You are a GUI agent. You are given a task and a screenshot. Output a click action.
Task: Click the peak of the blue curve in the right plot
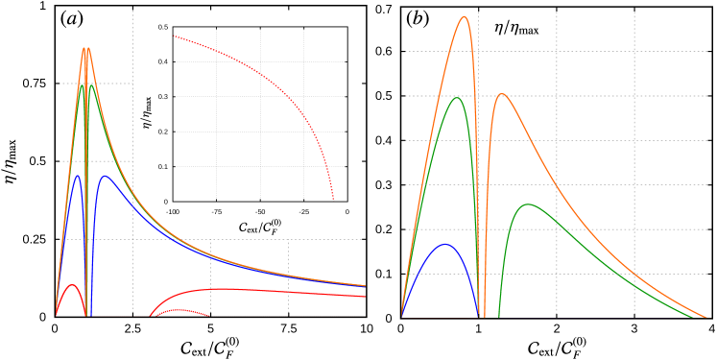point(444,244)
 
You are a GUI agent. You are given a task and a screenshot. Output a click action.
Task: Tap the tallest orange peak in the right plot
point(465,16)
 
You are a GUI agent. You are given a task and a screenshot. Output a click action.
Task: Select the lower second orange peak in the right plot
point(501,94)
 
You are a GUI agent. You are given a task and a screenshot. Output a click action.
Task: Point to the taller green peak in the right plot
point(457,97)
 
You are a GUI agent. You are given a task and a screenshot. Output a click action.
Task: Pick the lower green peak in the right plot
point(526,204)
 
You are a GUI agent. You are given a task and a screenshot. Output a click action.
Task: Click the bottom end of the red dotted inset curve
point(333,199)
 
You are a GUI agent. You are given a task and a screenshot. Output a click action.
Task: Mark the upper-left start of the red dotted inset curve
point(174,36)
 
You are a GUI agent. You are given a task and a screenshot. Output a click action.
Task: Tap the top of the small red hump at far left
point(71,284)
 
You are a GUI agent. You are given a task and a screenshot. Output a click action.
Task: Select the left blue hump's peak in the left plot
point(77,176)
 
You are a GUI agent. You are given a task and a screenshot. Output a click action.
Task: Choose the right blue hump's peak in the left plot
point(105,176)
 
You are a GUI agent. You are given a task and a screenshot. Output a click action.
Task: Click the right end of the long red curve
point(365,297)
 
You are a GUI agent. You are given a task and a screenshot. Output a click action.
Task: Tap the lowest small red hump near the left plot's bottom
point(178,309)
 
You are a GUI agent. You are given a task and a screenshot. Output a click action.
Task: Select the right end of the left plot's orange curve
point(365,285)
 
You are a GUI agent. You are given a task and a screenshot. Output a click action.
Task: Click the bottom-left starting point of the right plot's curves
point(401,316)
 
